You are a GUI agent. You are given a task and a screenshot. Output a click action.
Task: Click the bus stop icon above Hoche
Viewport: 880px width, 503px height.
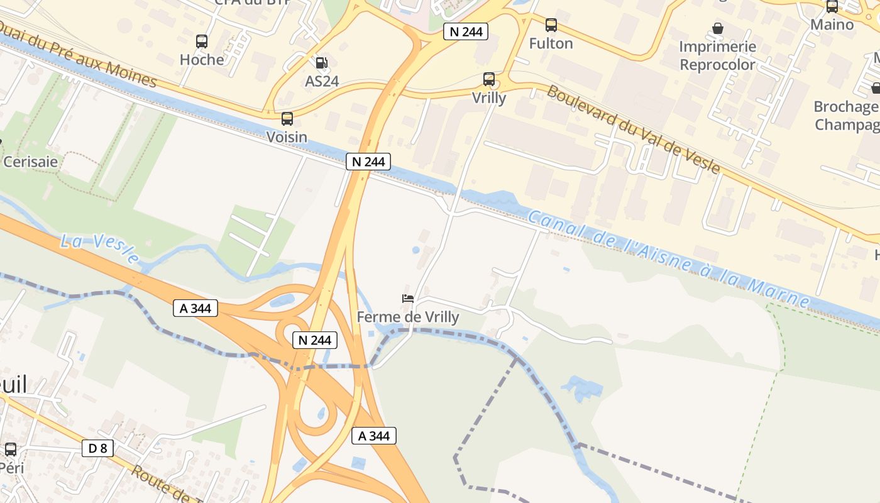(202, 41)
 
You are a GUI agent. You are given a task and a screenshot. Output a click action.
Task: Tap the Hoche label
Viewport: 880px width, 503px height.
(202, 60)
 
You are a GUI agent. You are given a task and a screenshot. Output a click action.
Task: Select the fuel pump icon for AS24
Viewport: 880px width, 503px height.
(322, 62)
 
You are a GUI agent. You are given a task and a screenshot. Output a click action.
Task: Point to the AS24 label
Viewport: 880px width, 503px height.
(322, 80)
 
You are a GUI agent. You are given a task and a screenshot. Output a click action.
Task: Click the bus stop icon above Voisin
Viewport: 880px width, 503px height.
(287, 118)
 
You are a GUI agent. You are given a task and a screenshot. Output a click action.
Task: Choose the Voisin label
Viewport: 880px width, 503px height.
(287, 137)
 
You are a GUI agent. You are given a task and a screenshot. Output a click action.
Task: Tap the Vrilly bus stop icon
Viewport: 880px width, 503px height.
(489, 79)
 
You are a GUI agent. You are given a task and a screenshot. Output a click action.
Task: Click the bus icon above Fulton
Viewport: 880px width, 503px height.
(551, 25)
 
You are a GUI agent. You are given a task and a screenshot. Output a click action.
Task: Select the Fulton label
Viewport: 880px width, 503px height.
(551, 43)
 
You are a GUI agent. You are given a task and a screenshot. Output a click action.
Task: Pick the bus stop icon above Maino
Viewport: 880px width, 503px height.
(832, 7)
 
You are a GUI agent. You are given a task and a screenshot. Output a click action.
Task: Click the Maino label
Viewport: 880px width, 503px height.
(832, 25)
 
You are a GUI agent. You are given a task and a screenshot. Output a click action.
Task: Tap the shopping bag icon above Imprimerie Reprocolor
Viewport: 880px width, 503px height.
(717, 28)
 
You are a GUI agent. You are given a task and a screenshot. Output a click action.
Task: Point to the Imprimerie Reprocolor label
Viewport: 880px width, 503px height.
(717, 55)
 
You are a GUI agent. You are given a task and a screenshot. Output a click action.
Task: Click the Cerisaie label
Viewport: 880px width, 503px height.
(31, 162)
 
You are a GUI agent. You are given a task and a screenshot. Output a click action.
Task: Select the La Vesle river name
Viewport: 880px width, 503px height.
(100, 248)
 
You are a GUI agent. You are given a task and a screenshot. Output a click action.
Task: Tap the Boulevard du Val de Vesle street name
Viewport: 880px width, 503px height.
(634, 128)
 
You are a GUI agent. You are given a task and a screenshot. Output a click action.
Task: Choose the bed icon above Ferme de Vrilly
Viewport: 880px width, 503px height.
(408, 299)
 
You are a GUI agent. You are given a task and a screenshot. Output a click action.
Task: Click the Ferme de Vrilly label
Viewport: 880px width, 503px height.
(408, 317)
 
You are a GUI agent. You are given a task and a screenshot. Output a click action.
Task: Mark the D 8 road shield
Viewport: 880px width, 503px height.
(97, 448)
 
